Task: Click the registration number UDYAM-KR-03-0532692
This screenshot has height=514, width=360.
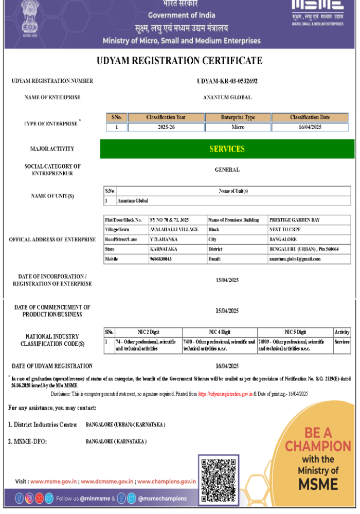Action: tap(227, 81)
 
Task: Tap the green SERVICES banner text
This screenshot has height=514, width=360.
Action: tap(227, 149)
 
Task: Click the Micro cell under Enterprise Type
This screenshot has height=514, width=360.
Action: tap(238, 127)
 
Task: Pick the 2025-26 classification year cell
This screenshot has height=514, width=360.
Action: tap(166, 127)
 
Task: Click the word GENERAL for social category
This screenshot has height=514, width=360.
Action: tap(227, 170)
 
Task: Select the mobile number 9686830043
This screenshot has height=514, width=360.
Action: tap(160, 259)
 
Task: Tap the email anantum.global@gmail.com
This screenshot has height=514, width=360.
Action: tap(294, 259)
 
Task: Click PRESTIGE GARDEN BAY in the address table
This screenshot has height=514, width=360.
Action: tap(294, 220)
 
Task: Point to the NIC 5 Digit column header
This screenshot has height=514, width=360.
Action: tap(295, 332)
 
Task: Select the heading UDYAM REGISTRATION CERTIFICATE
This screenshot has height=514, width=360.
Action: tap(179, 61)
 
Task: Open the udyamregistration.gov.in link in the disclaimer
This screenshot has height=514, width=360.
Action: tap(225, 394)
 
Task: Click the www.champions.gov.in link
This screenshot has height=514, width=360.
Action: tap(167, 482)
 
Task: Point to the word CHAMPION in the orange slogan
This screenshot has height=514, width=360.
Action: tap(318, 446)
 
